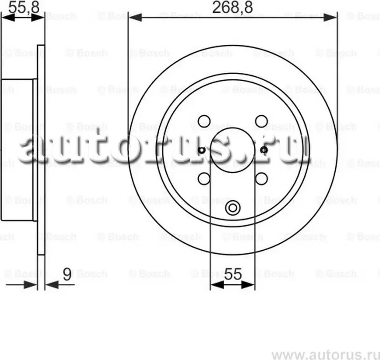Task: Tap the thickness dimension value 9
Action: (x=67, y=275)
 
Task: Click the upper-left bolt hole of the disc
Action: (x=204, y=121)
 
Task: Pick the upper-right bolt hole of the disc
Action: (x=261, y=121)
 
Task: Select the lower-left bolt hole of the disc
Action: (x=204, y=178)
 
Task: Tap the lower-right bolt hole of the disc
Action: (x=261, y=178)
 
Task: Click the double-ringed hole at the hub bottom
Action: (x=232, y=208)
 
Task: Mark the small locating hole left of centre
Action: (x=201, y=150)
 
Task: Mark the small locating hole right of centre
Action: (x=264, y=150)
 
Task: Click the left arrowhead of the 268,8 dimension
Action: (x=133, y=18)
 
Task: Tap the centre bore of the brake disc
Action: (x=232, y=150)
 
